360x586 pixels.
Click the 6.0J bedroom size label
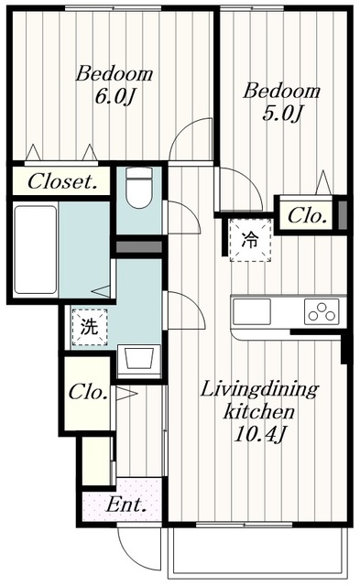tap(115, 96)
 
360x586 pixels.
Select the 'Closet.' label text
tap(62, 181)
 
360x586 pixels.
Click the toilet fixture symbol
tap(139, 189)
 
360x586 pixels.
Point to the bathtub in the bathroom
tap(36, 248)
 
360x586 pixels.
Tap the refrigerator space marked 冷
tap(249, 241)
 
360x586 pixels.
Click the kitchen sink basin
tap(253, 312)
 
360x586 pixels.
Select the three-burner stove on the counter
tap(322, 312)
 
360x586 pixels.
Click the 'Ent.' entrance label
tap(119, 504)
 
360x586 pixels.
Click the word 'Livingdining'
tap(259, 390)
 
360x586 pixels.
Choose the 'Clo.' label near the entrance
tap(89, 394)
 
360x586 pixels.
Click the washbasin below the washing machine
tap(137, 358)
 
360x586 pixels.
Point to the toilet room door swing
tap(181, 218)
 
